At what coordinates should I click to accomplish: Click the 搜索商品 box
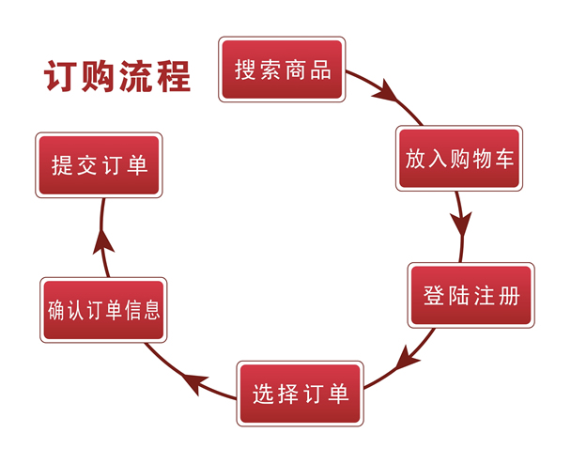point(282,70)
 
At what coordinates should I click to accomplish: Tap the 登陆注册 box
point(471,295)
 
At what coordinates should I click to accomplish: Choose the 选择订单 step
point(300,394)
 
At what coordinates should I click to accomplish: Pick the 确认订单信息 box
point(103,310)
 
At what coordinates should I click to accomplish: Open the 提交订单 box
point(99,165)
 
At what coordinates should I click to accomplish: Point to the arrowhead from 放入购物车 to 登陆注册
point(460,226)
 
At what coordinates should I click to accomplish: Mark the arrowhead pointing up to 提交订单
point(103,240)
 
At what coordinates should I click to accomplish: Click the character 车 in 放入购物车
point(502,158)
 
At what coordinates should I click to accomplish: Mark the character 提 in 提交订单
point(63,166)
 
